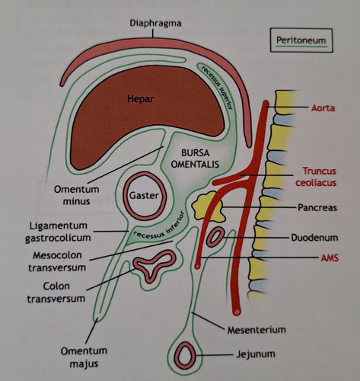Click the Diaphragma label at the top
tap(155, 24)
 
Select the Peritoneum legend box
tap(301, 40)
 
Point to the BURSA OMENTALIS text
tap(195, 158)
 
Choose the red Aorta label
tap(323, 108)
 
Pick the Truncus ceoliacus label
tap(316, 177)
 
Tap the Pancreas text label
tap(317, 207)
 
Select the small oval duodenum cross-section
tap(215, 237)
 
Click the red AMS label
tap(330, 258)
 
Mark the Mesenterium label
tap(256, 330)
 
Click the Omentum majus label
tap(84, 357)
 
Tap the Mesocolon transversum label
tap(57, 261)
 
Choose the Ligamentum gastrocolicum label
tap(59, 232)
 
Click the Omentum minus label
tap(76, 195)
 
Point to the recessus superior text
tap(217, 87)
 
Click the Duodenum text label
tap(314, 238)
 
